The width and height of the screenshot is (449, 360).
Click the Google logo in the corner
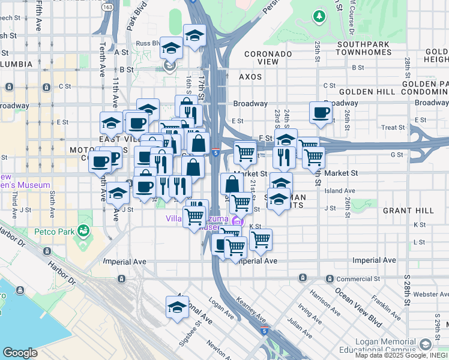pyautogui.click(x=20, y=352)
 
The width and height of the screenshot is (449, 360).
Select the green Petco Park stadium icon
pyautogui.click(x=83, y=230)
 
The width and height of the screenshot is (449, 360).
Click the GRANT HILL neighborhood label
pyautogui.click(x=408, y=211)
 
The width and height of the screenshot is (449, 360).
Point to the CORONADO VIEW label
pyautogui.click(x=268, y=58)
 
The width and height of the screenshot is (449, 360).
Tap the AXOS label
pyautogui.click(x=251, y=77)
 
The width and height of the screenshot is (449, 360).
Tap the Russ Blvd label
pyautogui.click(x=146, y=43)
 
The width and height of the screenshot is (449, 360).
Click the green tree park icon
pyautogui.click(x=318, y=14)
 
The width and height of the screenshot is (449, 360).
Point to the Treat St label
pyautogui.click(x=393, y=127)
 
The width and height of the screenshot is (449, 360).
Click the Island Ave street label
pyautogui.click(x=336, y=191)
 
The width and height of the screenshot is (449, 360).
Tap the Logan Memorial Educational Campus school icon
pyautogui.click(x=426, y=344)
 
